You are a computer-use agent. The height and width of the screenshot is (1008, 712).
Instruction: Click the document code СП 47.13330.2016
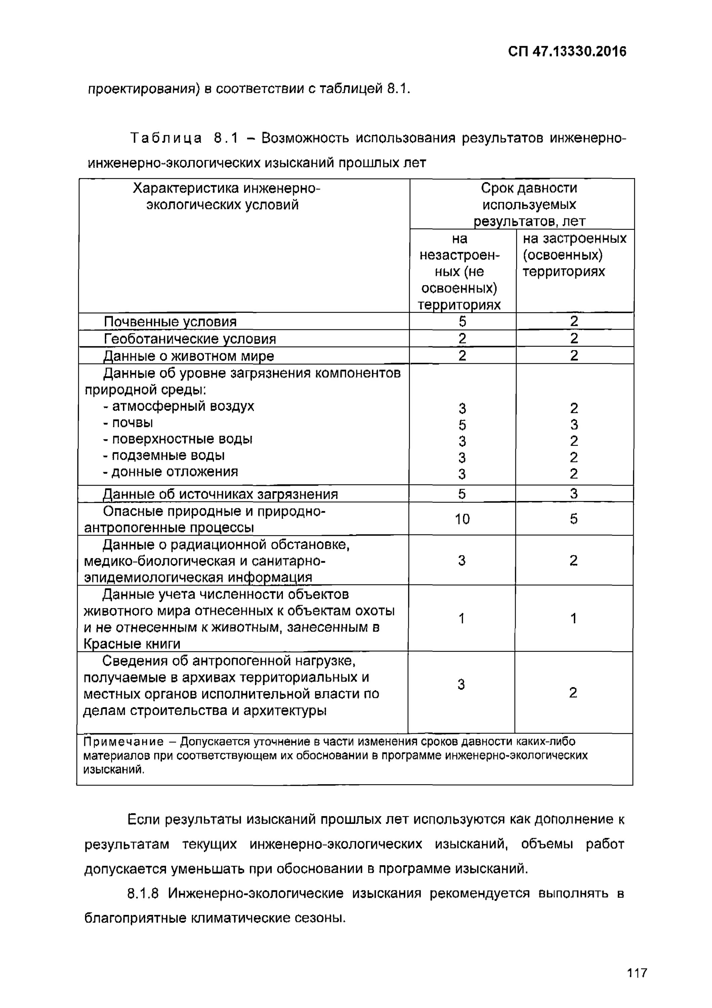pos(567,52)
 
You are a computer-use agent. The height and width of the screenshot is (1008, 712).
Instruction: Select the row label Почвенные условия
pos(170,322)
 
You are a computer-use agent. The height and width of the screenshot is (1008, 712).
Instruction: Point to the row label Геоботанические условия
pos(190,339)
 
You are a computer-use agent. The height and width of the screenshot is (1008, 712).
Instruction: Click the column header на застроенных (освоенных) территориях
pos(574,255)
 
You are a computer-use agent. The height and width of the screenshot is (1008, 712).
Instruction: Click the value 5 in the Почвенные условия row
pos(462,322)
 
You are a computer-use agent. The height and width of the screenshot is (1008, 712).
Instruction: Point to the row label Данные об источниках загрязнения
pos(220,494)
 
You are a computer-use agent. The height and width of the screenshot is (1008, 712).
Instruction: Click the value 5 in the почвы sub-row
pos(462,425)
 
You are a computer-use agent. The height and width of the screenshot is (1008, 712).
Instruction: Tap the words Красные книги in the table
pos(132,644)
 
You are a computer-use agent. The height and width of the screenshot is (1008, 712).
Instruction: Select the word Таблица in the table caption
pos(166,138)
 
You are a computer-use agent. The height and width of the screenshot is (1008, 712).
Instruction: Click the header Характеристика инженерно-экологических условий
pos(226,196)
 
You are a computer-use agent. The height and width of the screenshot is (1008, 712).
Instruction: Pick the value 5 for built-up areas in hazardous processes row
pos(573,519)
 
